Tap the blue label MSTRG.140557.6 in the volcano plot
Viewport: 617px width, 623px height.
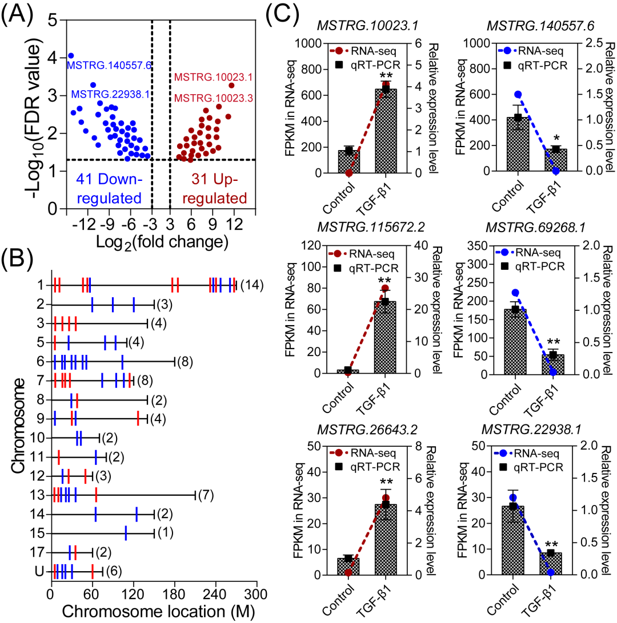point(109,66)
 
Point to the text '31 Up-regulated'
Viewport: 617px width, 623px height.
point(207,189)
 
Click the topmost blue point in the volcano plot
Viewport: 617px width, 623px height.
point(71,55)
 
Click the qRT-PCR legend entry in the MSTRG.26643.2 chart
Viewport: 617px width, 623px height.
point(371,467)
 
